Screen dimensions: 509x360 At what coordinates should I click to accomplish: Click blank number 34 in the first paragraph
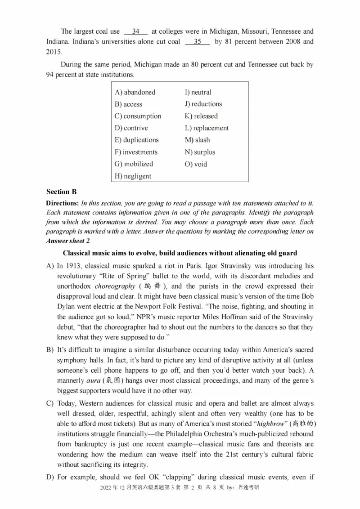tap(136, 31)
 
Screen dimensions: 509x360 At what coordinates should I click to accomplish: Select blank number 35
tap(197, 42)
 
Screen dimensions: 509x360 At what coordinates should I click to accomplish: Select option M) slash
tap(197, 140)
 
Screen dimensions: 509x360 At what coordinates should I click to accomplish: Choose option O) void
tap(196, 164)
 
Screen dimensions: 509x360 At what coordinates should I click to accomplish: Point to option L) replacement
tap(207, 128)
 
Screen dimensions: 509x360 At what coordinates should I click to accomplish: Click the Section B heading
tap(61, 192)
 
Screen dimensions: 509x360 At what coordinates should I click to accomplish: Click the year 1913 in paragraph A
tap(75, 266)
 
